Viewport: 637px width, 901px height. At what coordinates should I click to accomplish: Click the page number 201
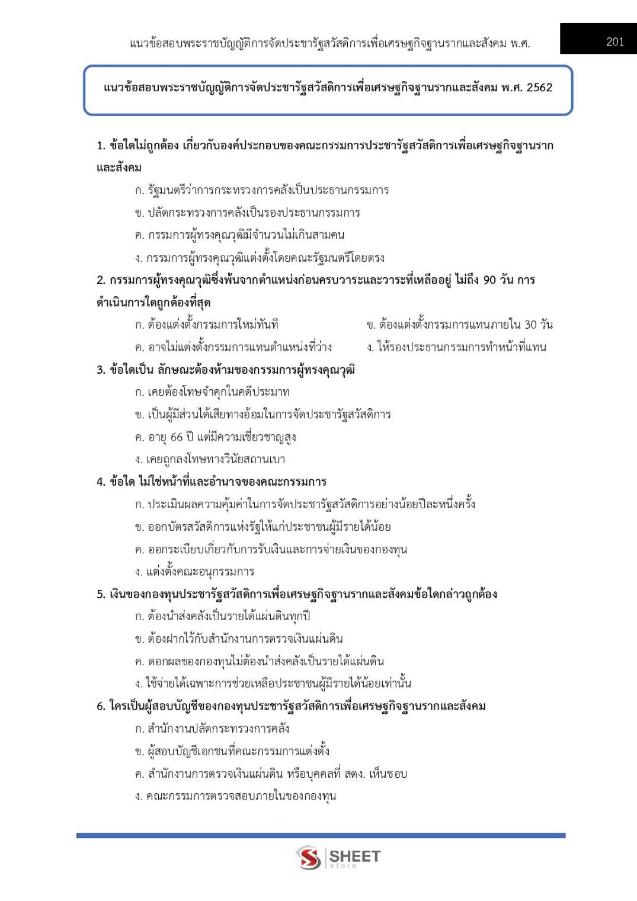[614, 42]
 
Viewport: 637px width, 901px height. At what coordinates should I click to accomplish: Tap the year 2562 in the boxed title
[539, 88]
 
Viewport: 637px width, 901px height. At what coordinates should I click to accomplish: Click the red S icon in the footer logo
[309, 857]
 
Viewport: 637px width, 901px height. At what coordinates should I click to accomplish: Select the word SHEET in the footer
[354, 856]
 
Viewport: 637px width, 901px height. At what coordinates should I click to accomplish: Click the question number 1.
[100, 146]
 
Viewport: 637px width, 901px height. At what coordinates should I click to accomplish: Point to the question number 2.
[100, 280]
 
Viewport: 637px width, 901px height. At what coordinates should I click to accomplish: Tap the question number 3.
[100, 370]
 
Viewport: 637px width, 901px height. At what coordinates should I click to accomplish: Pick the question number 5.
[100, 594]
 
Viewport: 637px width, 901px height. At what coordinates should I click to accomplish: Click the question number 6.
[100, 706]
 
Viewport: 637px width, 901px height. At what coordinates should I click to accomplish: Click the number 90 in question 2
[489, 280]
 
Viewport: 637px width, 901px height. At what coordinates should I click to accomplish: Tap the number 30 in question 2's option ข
[530, 325]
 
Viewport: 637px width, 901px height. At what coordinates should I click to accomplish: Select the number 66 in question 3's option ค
[176, 437]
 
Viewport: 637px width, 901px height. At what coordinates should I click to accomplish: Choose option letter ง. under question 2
[370, 347]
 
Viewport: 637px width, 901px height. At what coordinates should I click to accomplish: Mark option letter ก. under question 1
[139, 191]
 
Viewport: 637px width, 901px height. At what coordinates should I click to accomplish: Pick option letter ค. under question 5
[139, 661]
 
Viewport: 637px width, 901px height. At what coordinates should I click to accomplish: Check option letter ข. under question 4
[139, 527]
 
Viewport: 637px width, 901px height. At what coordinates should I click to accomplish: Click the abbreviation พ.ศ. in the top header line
[520, 43]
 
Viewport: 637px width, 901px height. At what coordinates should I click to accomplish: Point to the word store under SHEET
[343, 866]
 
